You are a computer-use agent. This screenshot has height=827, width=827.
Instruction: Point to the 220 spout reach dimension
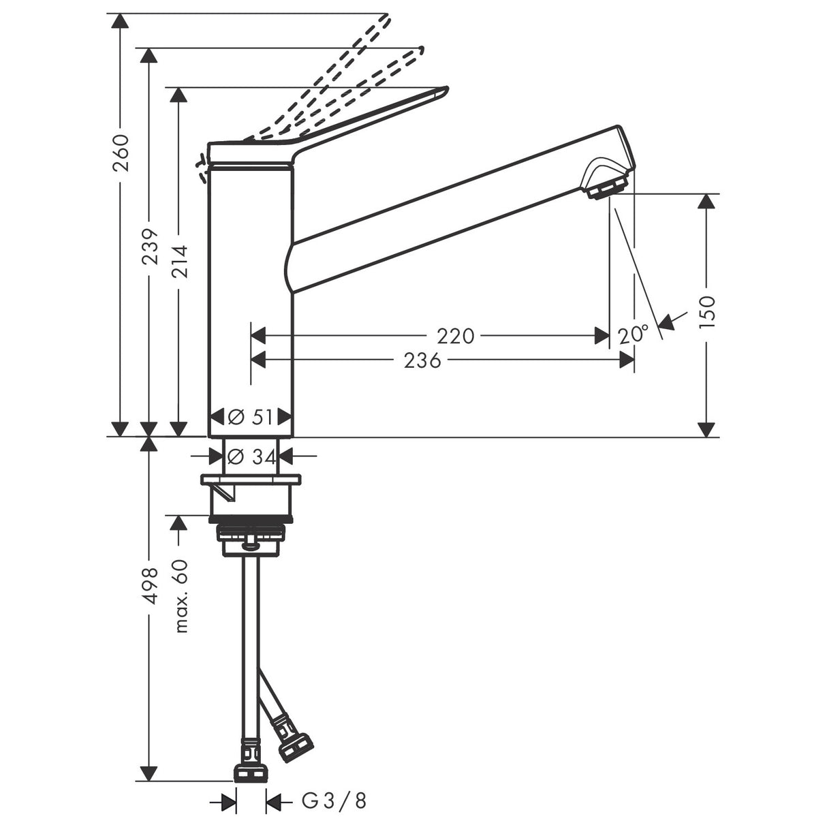tap(456, 336)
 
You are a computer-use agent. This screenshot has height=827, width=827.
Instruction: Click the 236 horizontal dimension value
tap(422, 360)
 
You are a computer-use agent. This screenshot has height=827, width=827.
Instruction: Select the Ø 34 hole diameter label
tap(251, 456)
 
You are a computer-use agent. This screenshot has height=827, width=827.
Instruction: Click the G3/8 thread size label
tap(334, 802)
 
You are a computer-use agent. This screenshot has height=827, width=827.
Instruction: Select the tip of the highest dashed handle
tap(386, 18)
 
